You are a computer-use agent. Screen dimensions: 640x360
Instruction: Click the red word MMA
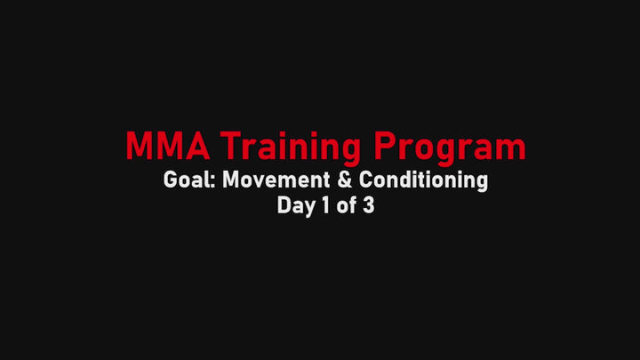coord(168,146)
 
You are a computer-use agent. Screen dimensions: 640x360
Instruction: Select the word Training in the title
coord(291,148)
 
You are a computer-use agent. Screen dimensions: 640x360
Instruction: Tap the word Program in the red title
coord(450,148)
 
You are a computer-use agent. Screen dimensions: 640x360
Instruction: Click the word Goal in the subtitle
coord(189,180)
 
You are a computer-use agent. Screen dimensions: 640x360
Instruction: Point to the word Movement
coord(276,180)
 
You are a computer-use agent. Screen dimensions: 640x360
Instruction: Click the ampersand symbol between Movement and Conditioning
coord(345,180)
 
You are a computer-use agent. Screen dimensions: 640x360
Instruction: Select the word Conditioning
coord(424,180)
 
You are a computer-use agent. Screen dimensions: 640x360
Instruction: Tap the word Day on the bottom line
coord(296,205)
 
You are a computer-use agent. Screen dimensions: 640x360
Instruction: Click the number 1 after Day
coord(325,205)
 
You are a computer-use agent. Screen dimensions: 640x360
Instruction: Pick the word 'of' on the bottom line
coord(345,204)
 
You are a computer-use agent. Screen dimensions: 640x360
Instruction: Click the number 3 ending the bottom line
coord(368,205)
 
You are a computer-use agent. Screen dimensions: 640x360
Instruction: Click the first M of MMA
coord(139,146)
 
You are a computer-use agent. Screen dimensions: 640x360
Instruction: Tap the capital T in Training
coord(231,146)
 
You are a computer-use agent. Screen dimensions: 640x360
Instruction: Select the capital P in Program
coord(385,146)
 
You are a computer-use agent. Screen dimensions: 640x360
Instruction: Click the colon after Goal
coord(213,182)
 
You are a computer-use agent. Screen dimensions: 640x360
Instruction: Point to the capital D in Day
coord(284,205)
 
